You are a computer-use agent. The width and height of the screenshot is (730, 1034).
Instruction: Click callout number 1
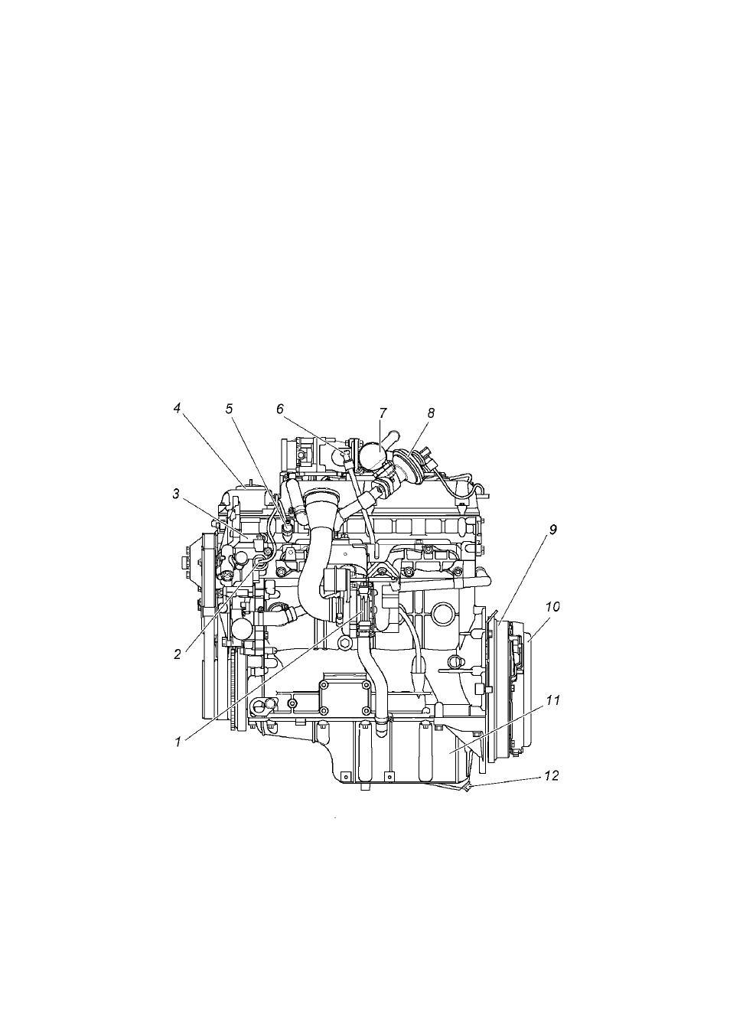point(178,742)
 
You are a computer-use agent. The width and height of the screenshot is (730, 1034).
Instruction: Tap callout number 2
point(178,654)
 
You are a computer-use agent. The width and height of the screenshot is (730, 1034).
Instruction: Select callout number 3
point(176,494)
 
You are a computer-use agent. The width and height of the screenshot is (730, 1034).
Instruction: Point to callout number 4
point(177,409)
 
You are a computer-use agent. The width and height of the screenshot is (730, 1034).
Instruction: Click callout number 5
point(230,409)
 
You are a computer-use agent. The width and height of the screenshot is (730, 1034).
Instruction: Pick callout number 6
point(280,409)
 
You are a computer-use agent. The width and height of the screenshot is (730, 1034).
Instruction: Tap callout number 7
point(383,413)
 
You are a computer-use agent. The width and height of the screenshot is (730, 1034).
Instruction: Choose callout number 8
point(431,413)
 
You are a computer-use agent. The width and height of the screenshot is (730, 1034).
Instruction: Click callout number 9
point(552,530)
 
